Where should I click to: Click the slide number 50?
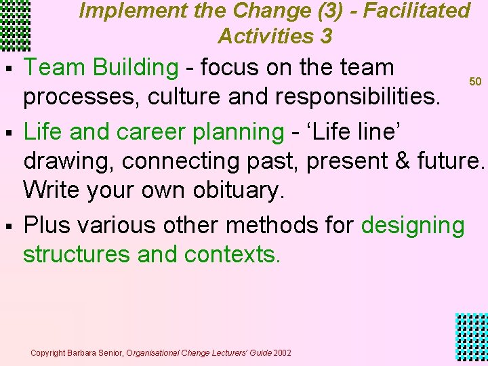click(475, 81)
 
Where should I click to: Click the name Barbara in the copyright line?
click(81, 353)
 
